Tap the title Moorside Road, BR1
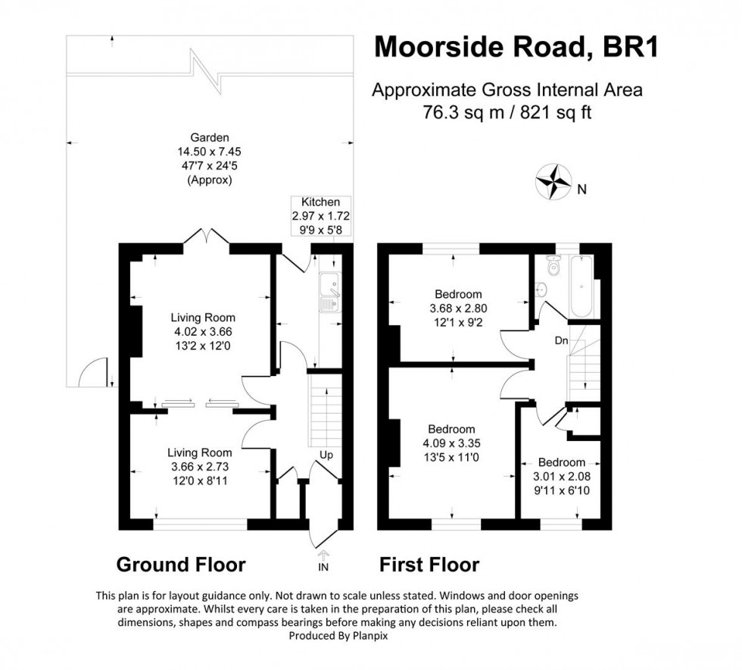[x=518, y=47]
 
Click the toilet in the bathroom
[x=552, y=265]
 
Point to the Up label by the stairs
[x=327, y=456]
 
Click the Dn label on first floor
[x=561, y=341]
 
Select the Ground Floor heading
[x=180, y=565]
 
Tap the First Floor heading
[x=429, y=565]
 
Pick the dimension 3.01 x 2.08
[x=561, y=477]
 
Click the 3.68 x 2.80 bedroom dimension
[x=457, y=308]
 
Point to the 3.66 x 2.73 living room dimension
[x=200, y=467]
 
